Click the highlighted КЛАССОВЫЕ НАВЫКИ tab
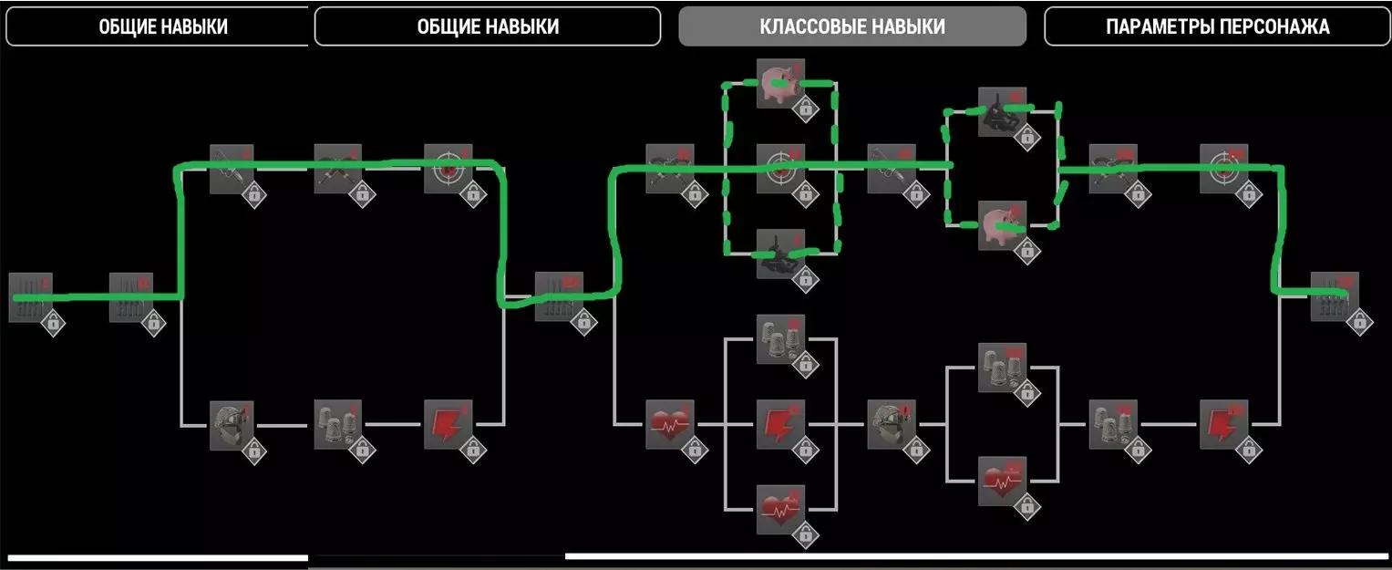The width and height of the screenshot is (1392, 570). point(851,26)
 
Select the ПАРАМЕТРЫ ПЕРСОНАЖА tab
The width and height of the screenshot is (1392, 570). point(1217,26)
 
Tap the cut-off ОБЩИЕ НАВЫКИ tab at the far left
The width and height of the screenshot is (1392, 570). point(162,26)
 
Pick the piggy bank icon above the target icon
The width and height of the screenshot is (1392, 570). point(780,83)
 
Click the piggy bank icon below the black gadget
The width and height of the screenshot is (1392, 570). point(1002,224)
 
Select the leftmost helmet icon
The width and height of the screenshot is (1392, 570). point(232,424)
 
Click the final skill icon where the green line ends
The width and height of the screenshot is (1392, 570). point(1334,296)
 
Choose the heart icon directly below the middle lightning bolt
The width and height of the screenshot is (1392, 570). point(780,509)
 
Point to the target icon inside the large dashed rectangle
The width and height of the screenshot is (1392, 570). point(780,168)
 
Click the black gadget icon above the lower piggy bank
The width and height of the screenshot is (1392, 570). point(1002,111)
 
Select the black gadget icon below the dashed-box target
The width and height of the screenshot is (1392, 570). point(780,253)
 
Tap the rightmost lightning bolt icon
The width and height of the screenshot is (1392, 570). point(1222,424)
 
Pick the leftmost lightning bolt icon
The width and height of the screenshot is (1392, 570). point(448,424)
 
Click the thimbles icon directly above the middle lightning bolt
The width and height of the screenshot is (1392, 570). point(780,339)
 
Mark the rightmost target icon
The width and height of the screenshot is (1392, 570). point(1222,168)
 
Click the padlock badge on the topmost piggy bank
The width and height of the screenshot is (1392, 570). point(804,109)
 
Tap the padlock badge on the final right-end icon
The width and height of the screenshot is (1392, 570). point(1358,322)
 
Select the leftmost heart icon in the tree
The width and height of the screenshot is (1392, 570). point(669,424)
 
